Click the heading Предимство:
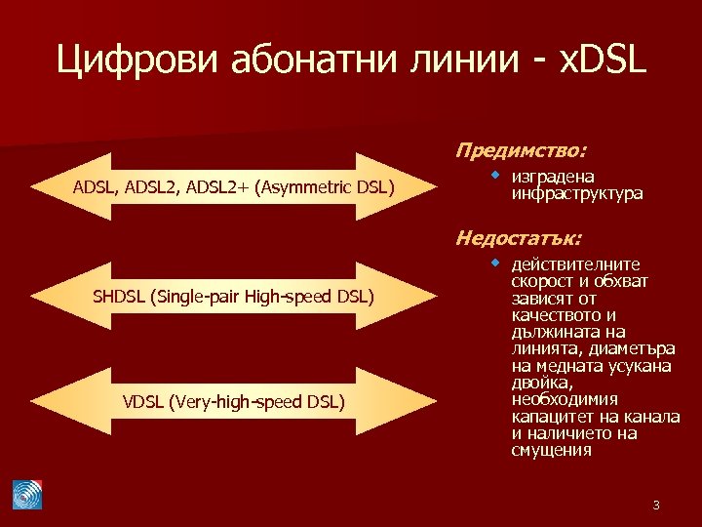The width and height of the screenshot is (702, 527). point(521,151)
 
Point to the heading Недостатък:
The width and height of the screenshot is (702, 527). point(520,237)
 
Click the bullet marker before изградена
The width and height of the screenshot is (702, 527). point(496,176)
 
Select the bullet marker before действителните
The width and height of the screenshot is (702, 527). point(496,263)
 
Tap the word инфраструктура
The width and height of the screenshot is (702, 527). point(576,194)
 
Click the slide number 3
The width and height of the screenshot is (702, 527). point(656,505)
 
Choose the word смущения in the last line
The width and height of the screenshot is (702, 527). point(551,450)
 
